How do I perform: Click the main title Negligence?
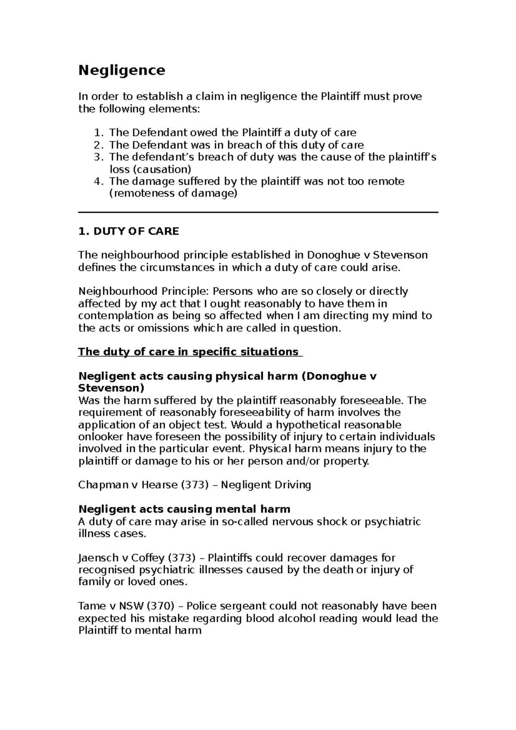click(121, 70)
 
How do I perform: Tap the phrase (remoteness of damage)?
click(173, 193)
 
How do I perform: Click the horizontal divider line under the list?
click(258, 212)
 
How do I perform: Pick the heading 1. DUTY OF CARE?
click(128, 231)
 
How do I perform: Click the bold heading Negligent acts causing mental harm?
click(184, 509)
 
